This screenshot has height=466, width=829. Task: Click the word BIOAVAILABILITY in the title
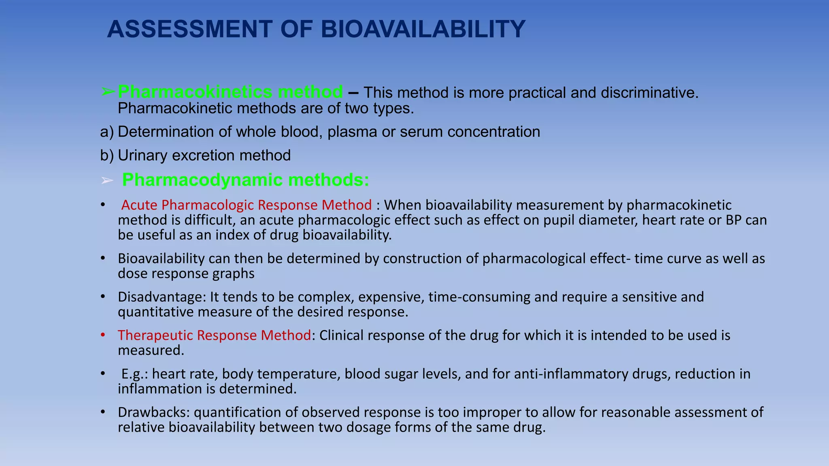(423, 30)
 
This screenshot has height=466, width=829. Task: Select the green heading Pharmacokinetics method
(230, 92)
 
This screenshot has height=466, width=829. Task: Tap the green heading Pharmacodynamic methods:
(245, 180)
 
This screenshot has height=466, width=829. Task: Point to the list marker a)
(107, 132)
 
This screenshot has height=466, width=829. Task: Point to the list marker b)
(107, 156)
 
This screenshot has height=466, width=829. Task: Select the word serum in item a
(421, 132)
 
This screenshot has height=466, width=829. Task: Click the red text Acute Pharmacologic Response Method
(246, 205)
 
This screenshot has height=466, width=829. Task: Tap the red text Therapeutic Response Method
(214, 335)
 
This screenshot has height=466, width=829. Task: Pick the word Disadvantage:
(162, 297)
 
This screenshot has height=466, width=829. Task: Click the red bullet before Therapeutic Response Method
(103, 335)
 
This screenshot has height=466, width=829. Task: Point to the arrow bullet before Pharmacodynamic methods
(107, 181)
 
